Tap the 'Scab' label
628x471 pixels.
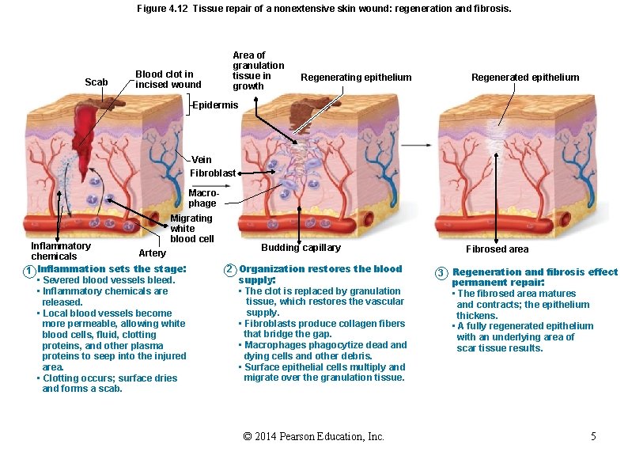pos(96,82)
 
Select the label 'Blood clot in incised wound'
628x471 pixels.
pos(168,79)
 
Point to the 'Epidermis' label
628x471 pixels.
pos(215,105)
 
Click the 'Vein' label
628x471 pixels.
pos(202,160)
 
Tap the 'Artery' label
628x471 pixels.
pos(152,253)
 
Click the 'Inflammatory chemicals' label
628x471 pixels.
pos(60,251)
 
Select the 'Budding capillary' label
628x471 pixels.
pos(301,248)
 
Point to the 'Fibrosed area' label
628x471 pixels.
pos(497,249)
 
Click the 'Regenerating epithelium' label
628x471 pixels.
pos(356,78)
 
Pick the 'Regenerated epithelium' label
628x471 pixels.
pos(525,78)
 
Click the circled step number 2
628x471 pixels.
pos(229,270)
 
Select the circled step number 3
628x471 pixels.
pos(441,274)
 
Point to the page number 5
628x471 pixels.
pos(593,437)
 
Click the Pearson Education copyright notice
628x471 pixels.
pos(314,437)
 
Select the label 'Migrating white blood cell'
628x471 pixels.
pos(191,228)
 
